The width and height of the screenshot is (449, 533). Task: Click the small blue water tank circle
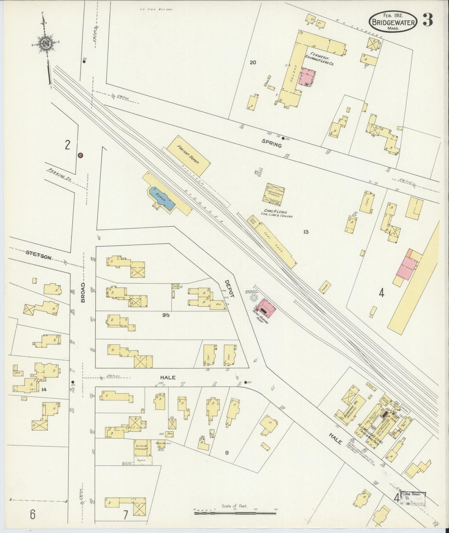coord(254,298)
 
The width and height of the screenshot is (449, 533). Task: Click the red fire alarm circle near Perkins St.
coord(80,155)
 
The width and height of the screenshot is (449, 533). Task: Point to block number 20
coord(253,63)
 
